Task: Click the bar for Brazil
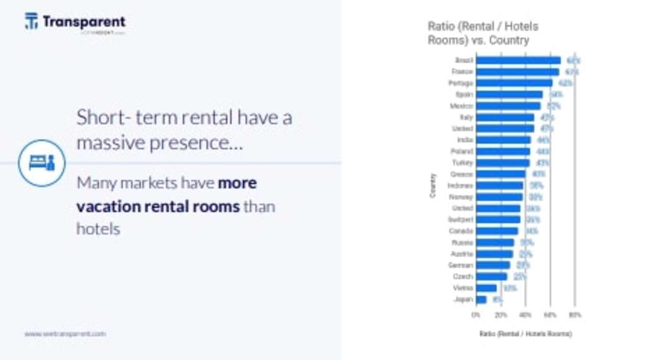click(x=518, y=61)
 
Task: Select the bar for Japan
click(x=481, y=299)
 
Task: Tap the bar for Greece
click(x=501, y=174)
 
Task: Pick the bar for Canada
click(x=497, y=231)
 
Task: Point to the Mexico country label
click(x=461, y=106)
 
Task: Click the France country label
click(x=462, y=72)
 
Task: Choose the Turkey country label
click(x=462, y=163)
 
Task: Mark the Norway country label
click(x=461, y=197)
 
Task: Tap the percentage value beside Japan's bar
click(x=498, y=299)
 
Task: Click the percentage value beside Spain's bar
click(x=556, y=95)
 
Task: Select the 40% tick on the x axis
click(x=525, y=314)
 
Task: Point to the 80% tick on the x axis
click(x=575, y=314)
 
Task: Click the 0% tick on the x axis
click(x=476, y=314)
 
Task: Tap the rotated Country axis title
click(x=433, y=185)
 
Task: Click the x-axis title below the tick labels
click(x=525, y=334)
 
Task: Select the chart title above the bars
click(x=483, y=33)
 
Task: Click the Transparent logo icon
click(x=31, y=21)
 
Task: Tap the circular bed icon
click(x=42, y=163)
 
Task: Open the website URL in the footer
click(x=65, y=334)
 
